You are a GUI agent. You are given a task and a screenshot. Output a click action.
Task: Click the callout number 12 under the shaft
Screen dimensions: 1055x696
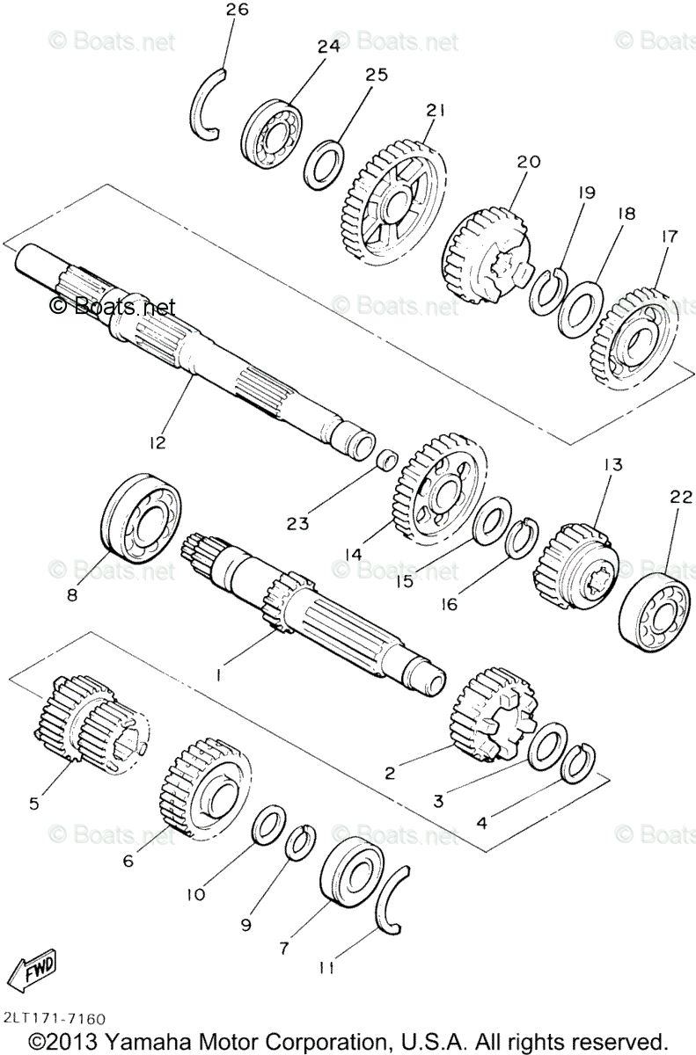tap(158, 441)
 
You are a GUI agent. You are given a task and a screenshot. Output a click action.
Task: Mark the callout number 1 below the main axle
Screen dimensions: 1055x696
tap(218, 674)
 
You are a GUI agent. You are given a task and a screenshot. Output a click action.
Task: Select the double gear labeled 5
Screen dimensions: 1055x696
tap(92, 722)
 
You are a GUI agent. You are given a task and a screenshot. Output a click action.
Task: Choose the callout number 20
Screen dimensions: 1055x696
tap(528, 163)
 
